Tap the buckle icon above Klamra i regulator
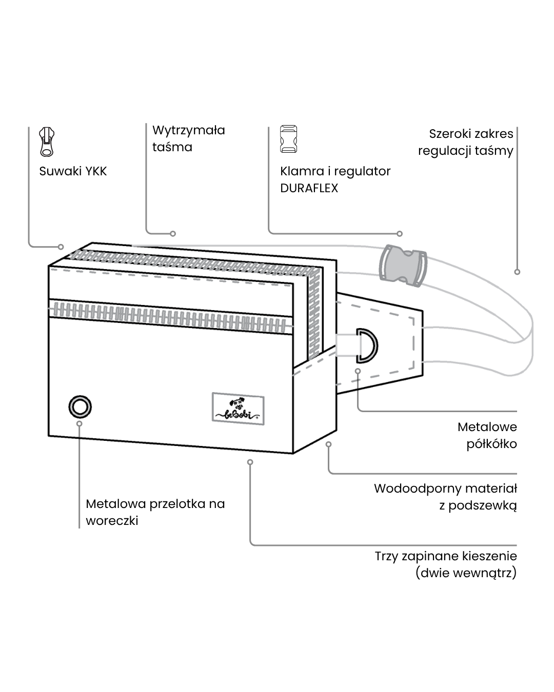289,139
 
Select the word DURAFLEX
309,188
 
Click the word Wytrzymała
188,130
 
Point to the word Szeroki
450,134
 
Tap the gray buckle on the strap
402,264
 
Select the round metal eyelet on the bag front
80,407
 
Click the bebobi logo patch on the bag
238,409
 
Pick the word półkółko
491,444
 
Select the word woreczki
112,521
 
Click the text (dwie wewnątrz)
466,573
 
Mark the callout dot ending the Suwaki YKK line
61,247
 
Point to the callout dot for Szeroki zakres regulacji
517,272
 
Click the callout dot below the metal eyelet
80,423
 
